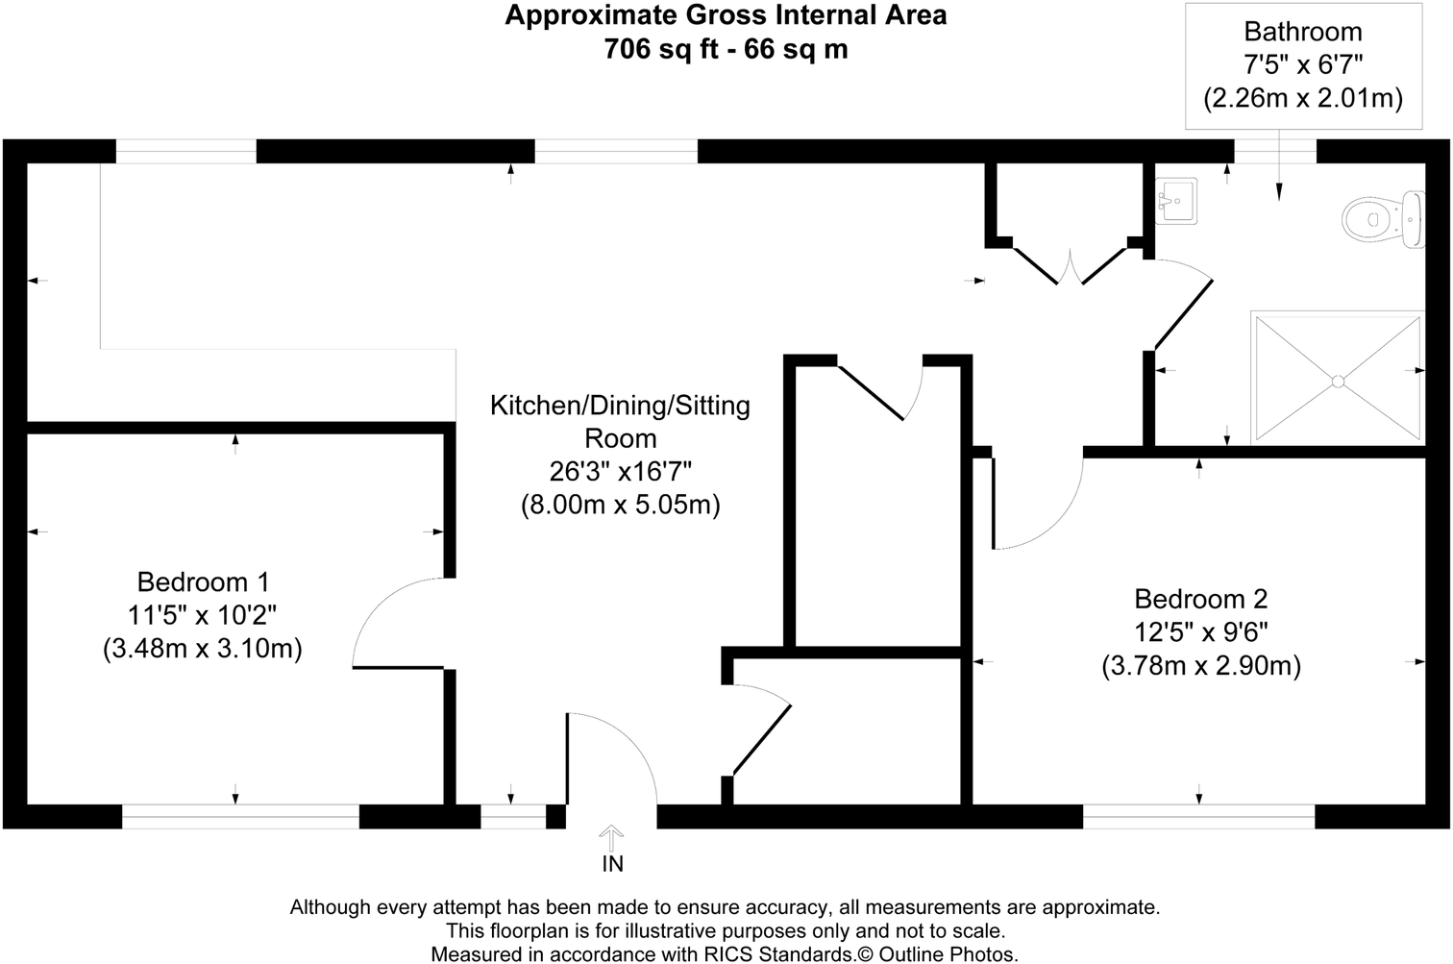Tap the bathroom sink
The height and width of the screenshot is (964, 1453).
click(1176, 202)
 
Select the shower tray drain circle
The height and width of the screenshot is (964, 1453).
click(1338, 382)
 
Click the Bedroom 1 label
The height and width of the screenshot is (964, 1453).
click(203, 581)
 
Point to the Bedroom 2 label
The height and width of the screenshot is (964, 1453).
click(1200, 599)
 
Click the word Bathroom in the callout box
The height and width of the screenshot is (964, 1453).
click(1303, 31)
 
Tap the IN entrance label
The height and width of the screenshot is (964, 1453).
click(612, 864)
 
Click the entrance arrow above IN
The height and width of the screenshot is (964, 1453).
click(611, 838)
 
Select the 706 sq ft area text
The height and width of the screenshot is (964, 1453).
click(661, 49)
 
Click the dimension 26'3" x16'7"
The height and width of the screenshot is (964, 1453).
click(621, 472)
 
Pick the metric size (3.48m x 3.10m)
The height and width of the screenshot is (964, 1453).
click(203, 649)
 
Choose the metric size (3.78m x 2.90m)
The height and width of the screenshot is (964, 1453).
click(1201, 666)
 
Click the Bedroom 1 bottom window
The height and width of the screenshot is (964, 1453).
click(240, 817)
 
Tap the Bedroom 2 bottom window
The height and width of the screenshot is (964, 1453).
click(1198, 817)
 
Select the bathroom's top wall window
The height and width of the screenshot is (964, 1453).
click(1275, 151)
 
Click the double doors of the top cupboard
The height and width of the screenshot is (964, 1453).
click(1070, 266)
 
